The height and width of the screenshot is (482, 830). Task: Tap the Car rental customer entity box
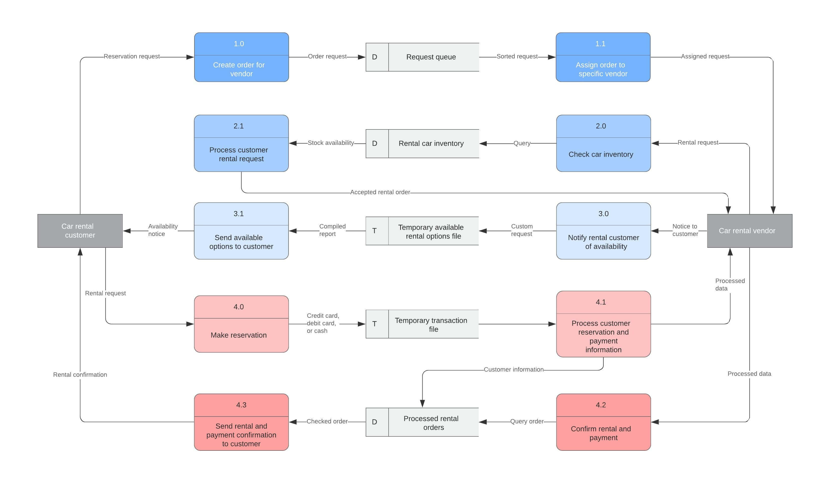[x=80, y=231]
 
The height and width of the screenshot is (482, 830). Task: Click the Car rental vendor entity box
[x=749, y=231]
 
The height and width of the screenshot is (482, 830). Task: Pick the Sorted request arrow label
[x=517, y=56]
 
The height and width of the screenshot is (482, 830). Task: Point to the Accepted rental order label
[x=380, y=192]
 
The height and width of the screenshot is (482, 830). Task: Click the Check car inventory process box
[x=603, y=143]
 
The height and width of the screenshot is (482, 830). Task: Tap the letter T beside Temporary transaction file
[x=375, y=324]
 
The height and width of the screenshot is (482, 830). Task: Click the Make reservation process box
[x=241, y=324]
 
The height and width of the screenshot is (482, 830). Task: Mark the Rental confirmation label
[x=80, y=374]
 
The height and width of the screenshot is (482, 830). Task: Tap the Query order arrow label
[x=527, y=421]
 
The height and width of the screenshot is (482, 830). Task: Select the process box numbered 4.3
[x=241, y=422]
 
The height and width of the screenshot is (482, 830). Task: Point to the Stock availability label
[x=331, y=143]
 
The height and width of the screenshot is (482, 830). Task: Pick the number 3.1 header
[x=239, y=214]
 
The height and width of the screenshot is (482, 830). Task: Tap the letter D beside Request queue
[x=375, y=57]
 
